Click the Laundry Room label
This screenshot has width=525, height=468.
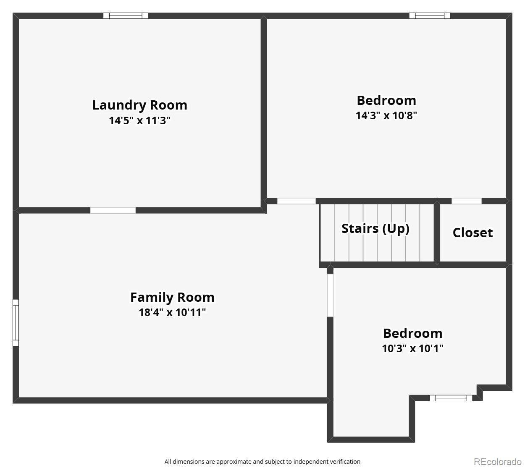coord(140,105)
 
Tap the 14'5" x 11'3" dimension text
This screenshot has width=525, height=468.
coord(140,120)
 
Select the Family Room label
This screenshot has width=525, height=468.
coord(172,297)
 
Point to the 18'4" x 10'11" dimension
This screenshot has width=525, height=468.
coord(172,312)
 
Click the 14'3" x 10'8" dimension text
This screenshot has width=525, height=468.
coord(386,115)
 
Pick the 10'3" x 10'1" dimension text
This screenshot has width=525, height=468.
coord(413,348)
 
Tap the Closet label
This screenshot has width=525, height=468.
coord(472,233)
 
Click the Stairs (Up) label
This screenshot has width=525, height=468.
coord(375,229)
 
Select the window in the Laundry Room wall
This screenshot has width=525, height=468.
coord(126,16)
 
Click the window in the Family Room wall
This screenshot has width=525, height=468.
coord(16,323)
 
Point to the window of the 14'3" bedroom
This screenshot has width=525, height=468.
coord(430,16)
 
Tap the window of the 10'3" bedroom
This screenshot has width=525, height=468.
coord(451,398)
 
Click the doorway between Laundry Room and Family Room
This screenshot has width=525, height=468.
coord(113,210)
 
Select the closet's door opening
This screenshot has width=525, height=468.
coord(467,201)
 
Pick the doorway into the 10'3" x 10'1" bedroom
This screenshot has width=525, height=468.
coord(330,295)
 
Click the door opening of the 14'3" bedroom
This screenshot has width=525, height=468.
coord(297,201)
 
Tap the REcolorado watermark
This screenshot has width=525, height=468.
coord(498,462)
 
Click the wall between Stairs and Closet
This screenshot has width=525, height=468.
coord(437,233)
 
